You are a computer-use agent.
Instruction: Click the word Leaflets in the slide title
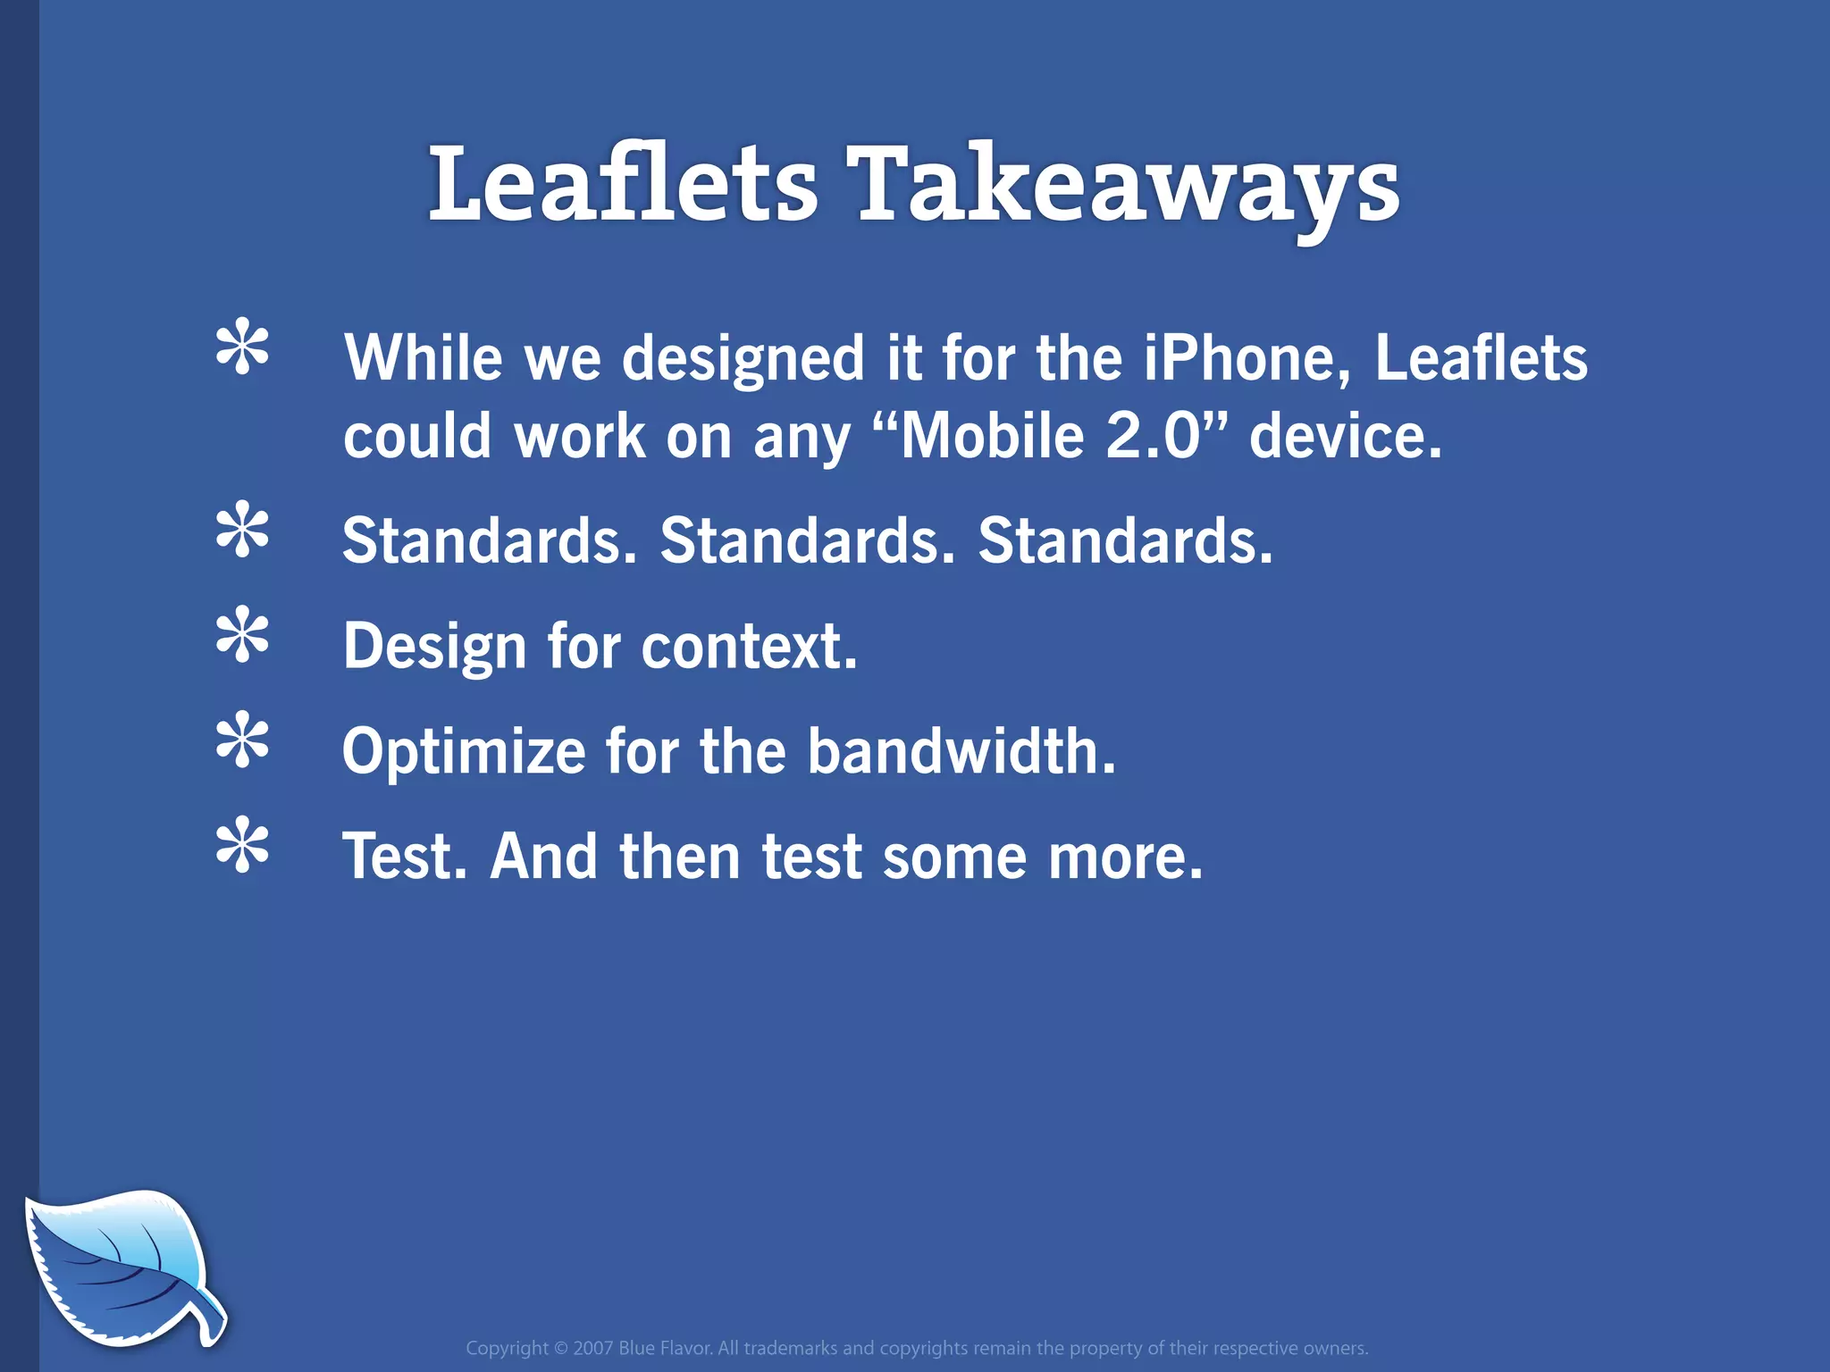(x=623, y=185)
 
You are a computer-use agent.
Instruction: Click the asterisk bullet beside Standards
(x=242, y=531)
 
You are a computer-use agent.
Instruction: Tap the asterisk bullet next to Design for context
(x=242, y=635)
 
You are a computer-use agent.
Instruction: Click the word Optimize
(x=464, y=752)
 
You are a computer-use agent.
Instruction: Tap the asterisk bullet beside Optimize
(x=242, y=740)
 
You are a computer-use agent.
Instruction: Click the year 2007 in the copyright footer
(x=592, y=1348)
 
